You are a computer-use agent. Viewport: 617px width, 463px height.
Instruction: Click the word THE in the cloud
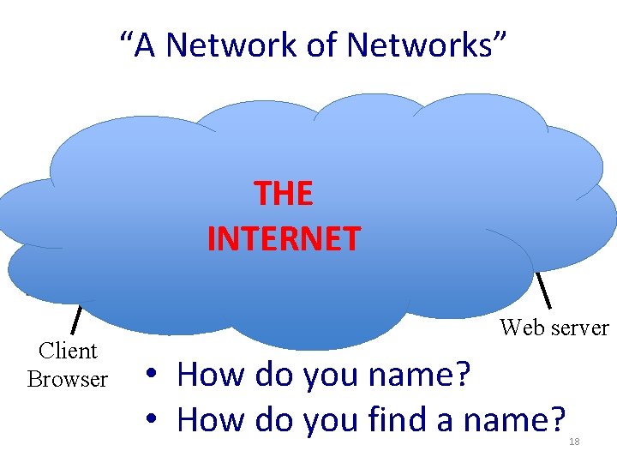tap(284, 195)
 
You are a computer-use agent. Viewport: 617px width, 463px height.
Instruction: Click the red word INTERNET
tap(284, 238)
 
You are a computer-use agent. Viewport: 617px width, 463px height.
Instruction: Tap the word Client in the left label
tap(68, 351)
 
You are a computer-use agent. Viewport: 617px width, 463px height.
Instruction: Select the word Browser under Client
tap(68, 378)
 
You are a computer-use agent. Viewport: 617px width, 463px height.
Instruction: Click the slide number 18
tap(574, 441)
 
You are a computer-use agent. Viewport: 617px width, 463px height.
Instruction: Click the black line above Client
tap(75, 319)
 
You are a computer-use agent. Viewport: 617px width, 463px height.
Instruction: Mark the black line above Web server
tap(543, 291)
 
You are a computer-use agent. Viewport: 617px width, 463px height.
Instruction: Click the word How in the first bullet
tap(207, 375)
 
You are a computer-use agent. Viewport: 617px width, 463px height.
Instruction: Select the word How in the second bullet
tap(207, 419)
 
